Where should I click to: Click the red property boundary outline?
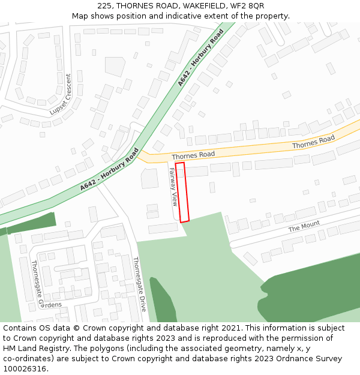click(182, 192)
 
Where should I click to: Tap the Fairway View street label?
click(173, 187)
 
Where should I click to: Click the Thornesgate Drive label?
click(139, 284)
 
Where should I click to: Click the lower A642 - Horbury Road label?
click(109, 170)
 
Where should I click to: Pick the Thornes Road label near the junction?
click(193, 155)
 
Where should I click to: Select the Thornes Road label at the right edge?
click(313, 142)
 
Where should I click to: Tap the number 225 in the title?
click(104, 6)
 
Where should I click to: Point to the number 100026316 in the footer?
click(25, 369)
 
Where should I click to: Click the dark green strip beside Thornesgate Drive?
click(162, 300)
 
